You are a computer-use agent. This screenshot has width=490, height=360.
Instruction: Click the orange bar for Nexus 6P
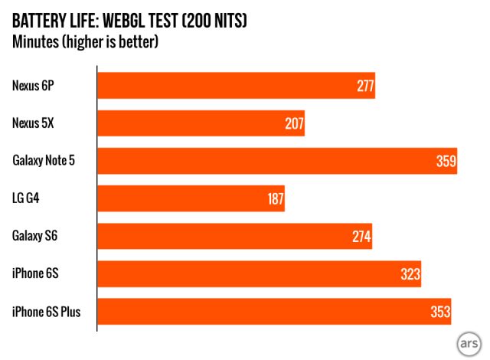[x=230, y=85]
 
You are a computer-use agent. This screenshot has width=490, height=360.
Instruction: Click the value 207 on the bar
[x=295, y=123]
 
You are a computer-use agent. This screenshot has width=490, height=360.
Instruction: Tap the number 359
[x=446, y=161]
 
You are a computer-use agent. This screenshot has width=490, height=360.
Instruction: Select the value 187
[x=275, y=198]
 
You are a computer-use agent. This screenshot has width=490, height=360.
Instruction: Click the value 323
[x=410, y=273]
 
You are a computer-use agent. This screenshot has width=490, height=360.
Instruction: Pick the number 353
[x=440, y=311]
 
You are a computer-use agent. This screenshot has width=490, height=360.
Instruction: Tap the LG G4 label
[x=27, y=198]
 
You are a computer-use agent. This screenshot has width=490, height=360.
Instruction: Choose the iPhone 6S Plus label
[x=47, y=311]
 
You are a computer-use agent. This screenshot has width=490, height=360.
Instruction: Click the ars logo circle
[x=467, y=341]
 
